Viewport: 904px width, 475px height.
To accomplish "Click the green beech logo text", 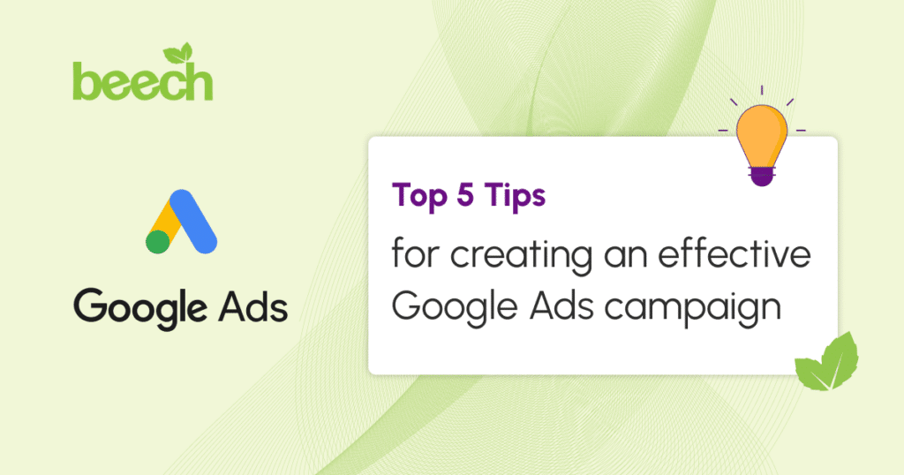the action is [x=143, y=81].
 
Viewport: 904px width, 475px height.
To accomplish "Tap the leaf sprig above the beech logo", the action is [x=178, y=53].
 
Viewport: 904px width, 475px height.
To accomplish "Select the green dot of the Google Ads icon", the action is [x=158, y=242].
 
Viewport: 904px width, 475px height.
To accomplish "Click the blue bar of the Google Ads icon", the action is [x=193, y=222].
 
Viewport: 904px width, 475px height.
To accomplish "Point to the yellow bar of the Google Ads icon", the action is [x=163, y=222].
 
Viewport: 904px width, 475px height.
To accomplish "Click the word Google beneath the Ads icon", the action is [x=140, y=308].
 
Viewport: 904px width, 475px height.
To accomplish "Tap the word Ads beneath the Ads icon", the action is [x=253, y=306].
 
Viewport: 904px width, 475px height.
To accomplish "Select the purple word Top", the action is [x=419, y=196].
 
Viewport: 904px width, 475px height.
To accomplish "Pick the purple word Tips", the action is [x=515, y=196].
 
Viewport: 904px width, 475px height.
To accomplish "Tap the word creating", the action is [x=521, y=256].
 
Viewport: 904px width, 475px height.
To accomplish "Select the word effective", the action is [x=734, y=253].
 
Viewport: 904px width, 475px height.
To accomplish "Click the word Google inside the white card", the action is [x=455, y=308].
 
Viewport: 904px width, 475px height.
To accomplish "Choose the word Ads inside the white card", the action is [x=562, y=305].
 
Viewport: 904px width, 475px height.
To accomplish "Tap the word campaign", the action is [x=694, y=308].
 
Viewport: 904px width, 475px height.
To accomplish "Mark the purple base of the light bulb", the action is [x=762, y=176].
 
